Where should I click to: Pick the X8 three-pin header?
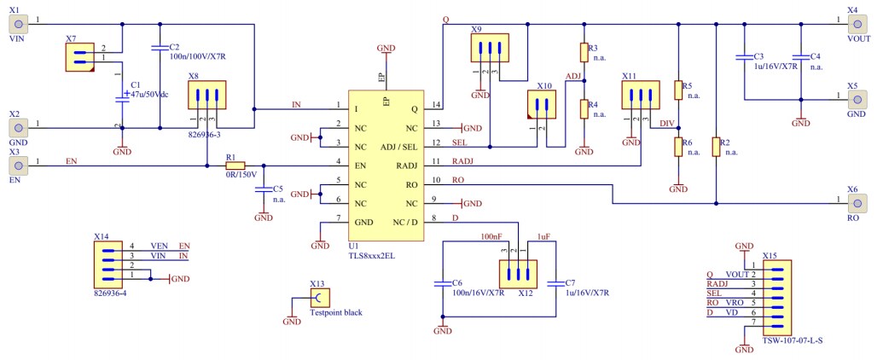(x=206, y=96)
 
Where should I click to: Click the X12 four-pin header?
(x=515, y=275)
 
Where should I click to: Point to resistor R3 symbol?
(x=584, y=53)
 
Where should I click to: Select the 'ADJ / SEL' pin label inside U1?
(x=399, y=147)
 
